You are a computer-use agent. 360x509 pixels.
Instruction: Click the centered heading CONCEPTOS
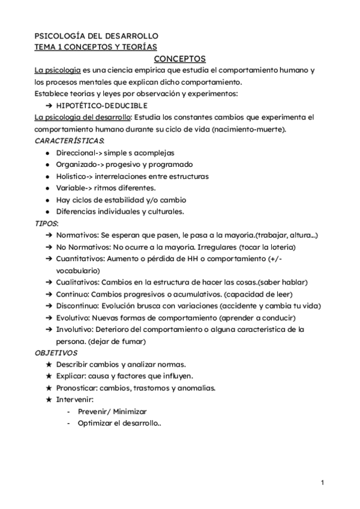pyautogui.click(x=180, y=59)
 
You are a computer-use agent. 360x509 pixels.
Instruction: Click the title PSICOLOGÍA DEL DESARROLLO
pyautogui.click(x=97, y=36)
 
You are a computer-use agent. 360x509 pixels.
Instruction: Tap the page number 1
pyautogui.click(x=322, y=483)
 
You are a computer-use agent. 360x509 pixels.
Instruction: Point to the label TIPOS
pyautogui.click(x=46, y=223)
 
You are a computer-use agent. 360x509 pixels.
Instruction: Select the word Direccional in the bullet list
pyautogui.click(x=75, y=153)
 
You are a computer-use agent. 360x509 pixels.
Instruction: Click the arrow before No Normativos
pyautogui.click(x=48, y=247)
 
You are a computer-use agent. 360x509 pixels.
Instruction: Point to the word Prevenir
pyautogui.click(x=94, y=412)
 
